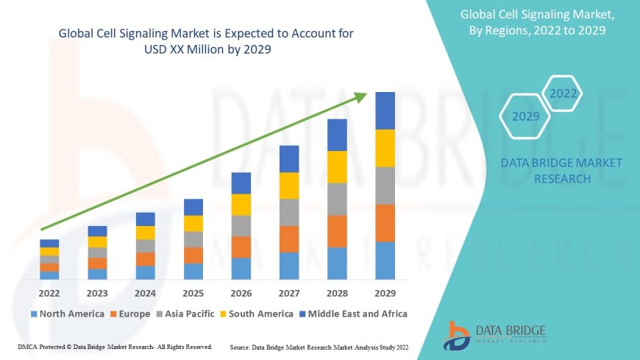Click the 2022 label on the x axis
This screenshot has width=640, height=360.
49,293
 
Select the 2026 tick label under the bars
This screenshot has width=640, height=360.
241,293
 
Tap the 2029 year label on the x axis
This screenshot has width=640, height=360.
385,293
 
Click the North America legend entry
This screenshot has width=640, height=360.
67,314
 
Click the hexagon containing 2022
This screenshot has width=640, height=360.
563,93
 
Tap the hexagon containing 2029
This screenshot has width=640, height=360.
525,116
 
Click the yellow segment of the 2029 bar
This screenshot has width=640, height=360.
385,148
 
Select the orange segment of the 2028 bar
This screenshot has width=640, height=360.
337,231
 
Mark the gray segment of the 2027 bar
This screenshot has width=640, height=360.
289,212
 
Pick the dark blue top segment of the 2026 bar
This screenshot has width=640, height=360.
241,183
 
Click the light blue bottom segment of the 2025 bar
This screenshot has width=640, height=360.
193,272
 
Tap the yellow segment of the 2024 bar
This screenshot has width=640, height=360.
146,233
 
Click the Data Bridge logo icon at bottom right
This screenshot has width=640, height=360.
457,335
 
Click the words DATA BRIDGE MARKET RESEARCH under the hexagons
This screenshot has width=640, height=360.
561,171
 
